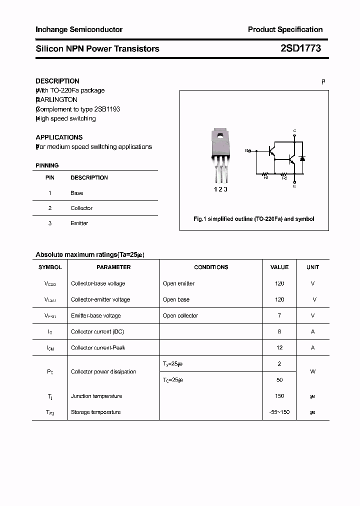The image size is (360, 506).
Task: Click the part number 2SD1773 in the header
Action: pos(300,48)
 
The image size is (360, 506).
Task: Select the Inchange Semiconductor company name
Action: pos(79,29)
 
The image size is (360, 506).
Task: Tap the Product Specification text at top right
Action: pos(285,29)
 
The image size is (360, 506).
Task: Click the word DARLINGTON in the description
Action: pos(57,100)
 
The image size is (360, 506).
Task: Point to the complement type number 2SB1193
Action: pos(107,109)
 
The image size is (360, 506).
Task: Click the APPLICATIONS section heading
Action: pos(59,137)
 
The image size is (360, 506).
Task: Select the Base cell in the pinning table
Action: pos(76,193)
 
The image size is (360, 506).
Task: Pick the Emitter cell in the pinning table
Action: pos(79,223)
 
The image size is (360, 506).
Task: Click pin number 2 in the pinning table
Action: pos(50,208)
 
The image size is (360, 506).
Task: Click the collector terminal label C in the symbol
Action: pos(294,130)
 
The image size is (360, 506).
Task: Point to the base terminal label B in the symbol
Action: pos(247,150)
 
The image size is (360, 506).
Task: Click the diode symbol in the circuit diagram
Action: pos(302,158)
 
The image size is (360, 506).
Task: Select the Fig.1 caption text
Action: pos(253,219)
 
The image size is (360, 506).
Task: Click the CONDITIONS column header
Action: pos(211,267)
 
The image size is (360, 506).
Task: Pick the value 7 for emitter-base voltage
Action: pos(279,315)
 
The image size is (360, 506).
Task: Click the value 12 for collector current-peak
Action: pos(279,347)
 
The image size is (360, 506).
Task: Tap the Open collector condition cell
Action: pos(180,315)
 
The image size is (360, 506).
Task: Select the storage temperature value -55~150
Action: pos(279,412)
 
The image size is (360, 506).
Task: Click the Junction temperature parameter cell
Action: pos(96,396)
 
